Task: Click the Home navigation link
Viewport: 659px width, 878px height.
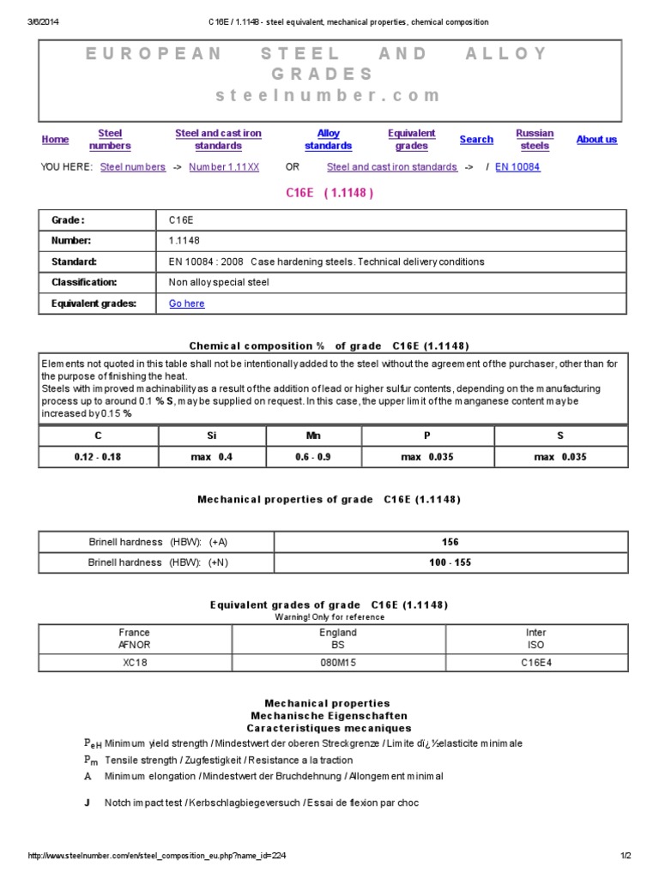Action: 55,140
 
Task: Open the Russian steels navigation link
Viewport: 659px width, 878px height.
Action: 535,140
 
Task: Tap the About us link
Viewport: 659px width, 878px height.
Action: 596,140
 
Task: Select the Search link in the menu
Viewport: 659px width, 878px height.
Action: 476,140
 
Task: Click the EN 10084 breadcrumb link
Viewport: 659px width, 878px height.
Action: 517,167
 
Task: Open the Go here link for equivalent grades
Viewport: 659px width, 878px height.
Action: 187,304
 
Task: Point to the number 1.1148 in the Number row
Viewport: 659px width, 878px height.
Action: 184,241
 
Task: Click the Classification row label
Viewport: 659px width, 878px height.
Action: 83,282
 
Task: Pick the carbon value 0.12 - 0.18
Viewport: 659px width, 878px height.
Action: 98,457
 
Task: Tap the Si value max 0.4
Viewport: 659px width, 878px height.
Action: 212,457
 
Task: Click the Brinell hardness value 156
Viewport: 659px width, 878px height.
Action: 450,542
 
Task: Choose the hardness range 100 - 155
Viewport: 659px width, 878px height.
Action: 450,562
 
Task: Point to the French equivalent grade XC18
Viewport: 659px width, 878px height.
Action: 135,663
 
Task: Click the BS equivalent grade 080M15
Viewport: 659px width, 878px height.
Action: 338,663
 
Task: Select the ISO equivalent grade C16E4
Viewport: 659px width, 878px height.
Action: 536,663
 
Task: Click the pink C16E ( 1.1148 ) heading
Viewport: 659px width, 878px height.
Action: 329,193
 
